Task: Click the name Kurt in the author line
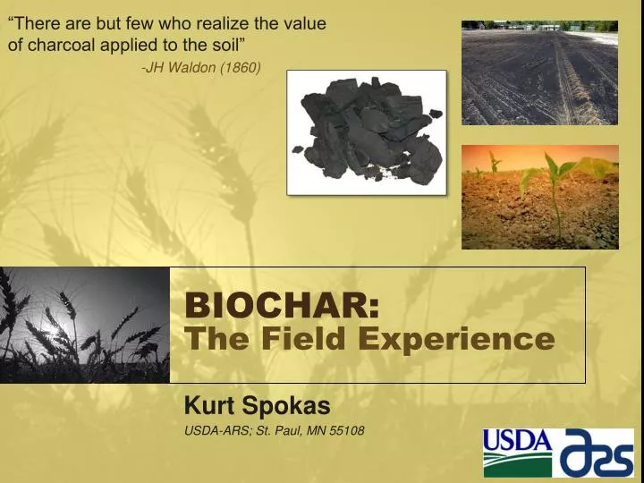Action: click(x=205, y=406)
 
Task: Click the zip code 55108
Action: click(x=346, y=430)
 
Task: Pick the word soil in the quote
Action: click(x=223, y=44)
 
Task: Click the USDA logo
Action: click(x=518, y=452)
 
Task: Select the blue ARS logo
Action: click(x=596, y=452)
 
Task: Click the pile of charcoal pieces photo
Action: click(x=366, y=132)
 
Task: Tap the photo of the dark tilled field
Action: click(x=539, y=72)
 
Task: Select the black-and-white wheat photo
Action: click(x=85, y=325)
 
